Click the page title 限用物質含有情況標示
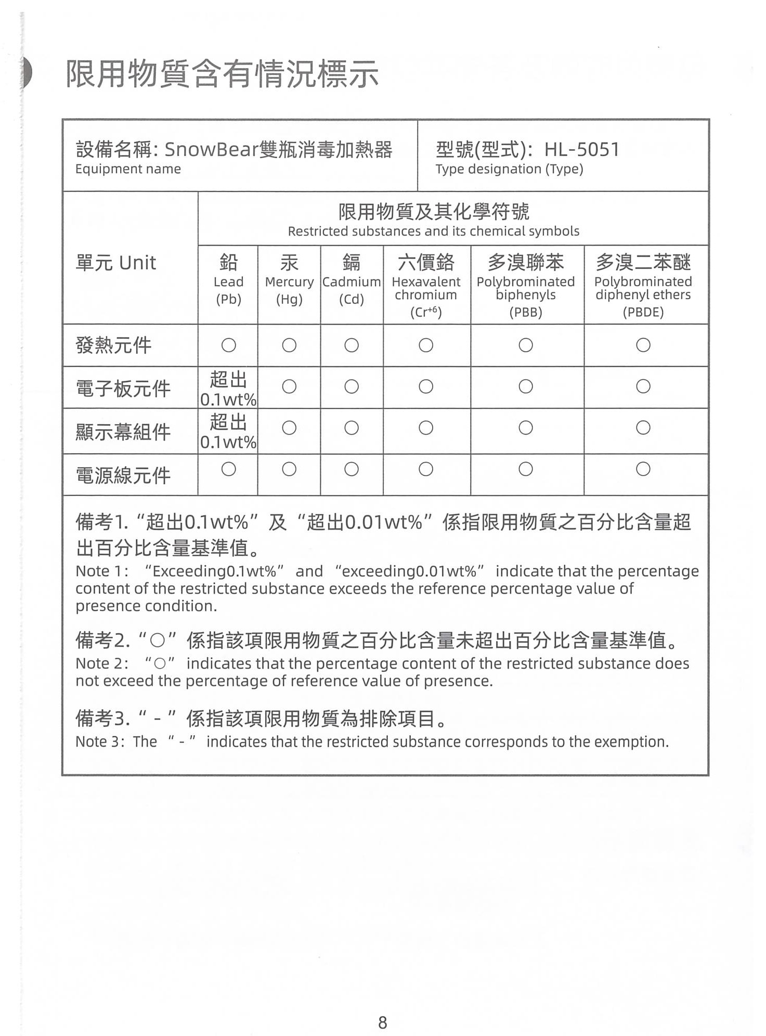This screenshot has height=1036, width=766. click(x=222, y=74)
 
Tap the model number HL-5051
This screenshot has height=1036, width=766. click(x=581, y=150)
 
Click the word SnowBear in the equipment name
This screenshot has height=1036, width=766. click(x=212, y=150)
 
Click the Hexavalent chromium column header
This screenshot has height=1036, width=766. click(x=426, y=285)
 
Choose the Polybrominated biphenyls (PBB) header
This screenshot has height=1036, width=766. click(x=526, y=285)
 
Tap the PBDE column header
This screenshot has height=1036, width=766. click(x=643, y=285)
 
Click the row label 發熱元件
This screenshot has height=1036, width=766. click(x=113, y=346)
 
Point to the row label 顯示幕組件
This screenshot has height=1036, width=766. click(x=123, y=432)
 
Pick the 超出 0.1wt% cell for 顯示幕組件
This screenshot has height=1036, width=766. click(x=228, y=431)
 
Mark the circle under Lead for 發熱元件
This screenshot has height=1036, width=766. click(x=228, y=345)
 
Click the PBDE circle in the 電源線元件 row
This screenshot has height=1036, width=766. click(x=643, y=469)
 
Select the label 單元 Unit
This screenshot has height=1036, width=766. click(x=115, y=263)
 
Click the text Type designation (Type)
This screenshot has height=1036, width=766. click(x=509, y=169)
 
